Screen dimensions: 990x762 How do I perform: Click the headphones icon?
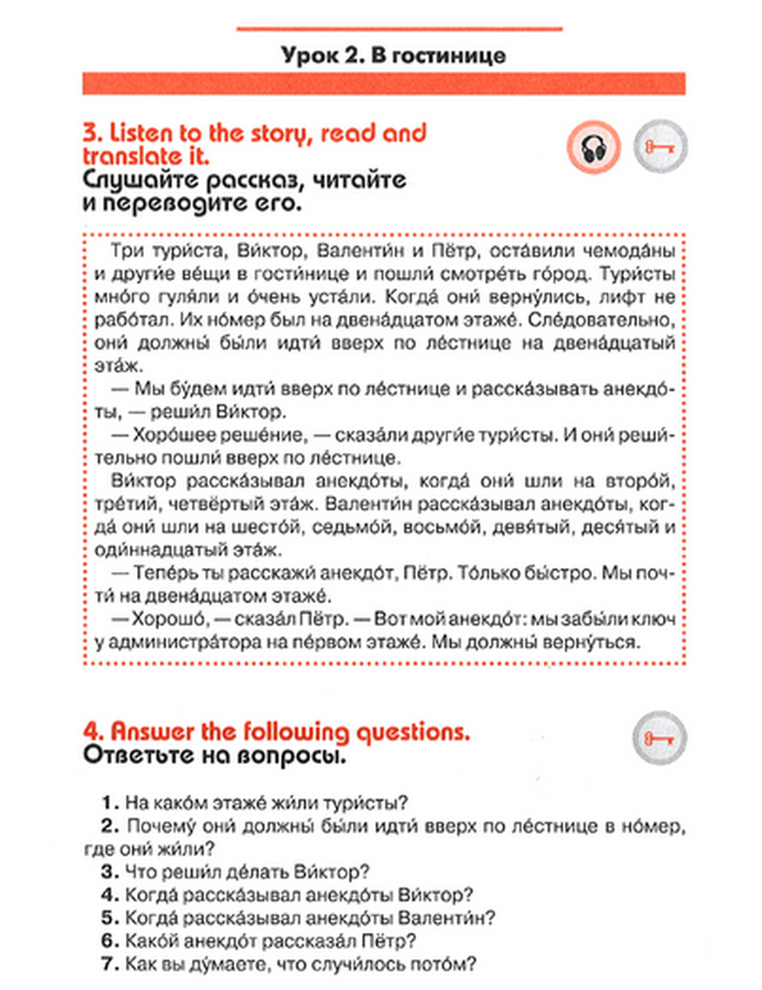coord(594,146)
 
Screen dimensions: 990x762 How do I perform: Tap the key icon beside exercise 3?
coord(660,146)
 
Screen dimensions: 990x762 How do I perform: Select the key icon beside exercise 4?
coord(659,737)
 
